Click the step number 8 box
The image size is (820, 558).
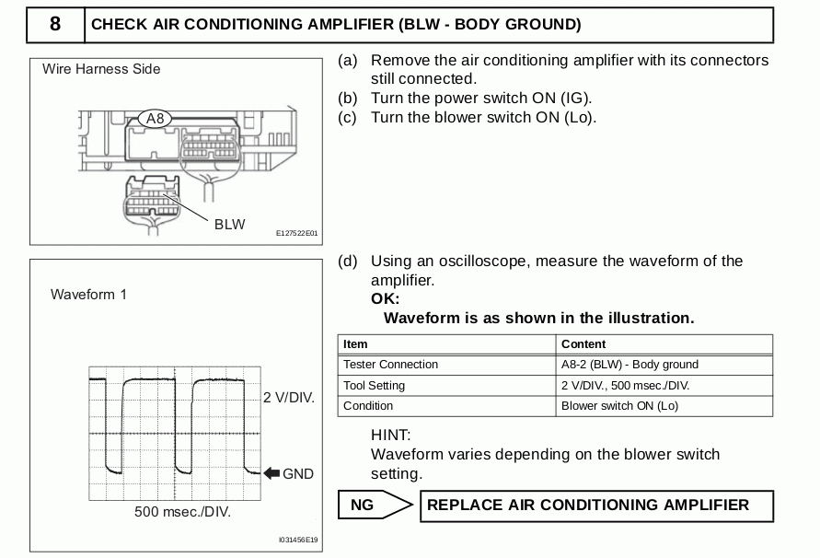coord(55,25)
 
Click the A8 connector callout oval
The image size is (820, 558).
coord(155,119)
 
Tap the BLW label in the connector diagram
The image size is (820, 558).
coord(229,225)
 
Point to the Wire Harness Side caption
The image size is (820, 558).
coord(101,69)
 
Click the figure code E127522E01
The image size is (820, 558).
coord(296,234)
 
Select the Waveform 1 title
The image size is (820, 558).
coord(89,295)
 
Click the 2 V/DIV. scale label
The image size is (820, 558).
coord(289,398)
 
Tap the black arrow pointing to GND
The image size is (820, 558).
coord(271,473)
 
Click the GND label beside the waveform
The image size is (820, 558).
coord(298,473)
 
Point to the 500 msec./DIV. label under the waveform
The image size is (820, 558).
coord(182,512)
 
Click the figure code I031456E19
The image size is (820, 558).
coord(298,540)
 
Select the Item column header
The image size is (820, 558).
coord(355,344)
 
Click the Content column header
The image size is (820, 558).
coord(583,344)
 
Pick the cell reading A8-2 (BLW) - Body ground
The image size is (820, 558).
coord(629,365)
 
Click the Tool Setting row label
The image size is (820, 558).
coord(374,386)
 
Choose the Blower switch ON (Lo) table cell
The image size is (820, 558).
coord(619,406)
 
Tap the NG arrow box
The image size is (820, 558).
coord(375,506)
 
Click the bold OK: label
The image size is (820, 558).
coord(385,299)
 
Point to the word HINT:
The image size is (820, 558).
coord(390,435)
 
